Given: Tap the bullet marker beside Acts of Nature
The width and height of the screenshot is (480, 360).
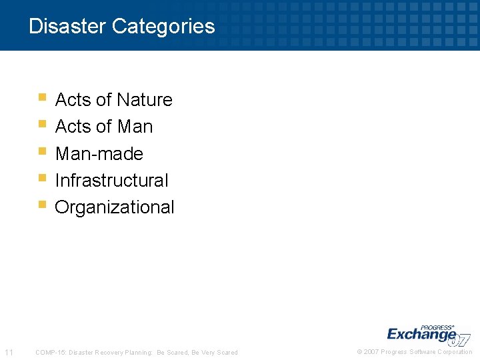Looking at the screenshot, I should click(42, 97).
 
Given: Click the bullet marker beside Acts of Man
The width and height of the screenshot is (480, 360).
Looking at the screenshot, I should click(42, 124).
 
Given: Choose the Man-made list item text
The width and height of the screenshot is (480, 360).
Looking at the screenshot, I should click(99, 153).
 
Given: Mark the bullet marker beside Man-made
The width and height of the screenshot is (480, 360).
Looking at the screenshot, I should click(42, 151).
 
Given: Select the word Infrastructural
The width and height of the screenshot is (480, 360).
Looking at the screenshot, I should click(111, 180).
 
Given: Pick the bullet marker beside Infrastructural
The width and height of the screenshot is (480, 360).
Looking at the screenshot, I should click(42, 178).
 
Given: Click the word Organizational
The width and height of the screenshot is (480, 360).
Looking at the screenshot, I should click(114, 207).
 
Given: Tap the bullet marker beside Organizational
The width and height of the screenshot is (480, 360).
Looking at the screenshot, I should click(42, 205).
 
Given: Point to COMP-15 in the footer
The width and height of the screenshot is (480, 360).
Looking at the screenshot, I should click(49, 352).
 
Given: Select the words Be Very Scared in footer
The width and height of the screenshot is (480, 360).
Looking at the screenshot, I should click(215, 352).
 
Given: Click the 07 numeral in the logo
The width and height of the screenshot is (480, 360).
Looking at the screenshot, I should click(461, 339).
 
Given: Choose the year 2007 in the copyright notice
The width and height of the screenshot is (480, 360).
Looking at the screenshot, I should click(371, 352).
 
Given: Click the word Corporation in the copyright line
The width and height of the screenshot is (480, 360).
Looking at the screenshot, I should click(455, 352).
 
